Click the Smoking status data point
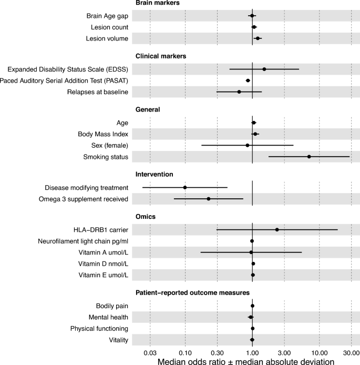click(x=309, y=157)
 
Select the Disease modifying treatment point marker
click(x=185, y=187)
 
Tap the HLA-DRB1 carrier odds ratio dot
click(x=277, y=229)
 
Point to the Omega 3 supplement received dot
click(x=209, y=199)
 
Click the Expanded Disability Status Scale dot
click(x=264, y=69)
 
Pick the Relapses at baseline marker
click(x=239, y=92)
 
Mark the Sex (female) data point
click(x=248, y=145)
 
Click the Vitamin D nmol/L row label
click(x=103, y=263)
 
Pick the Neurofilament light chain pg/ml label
click(x=84, y=241)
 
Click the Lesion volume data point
click(x=258, y=38)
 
